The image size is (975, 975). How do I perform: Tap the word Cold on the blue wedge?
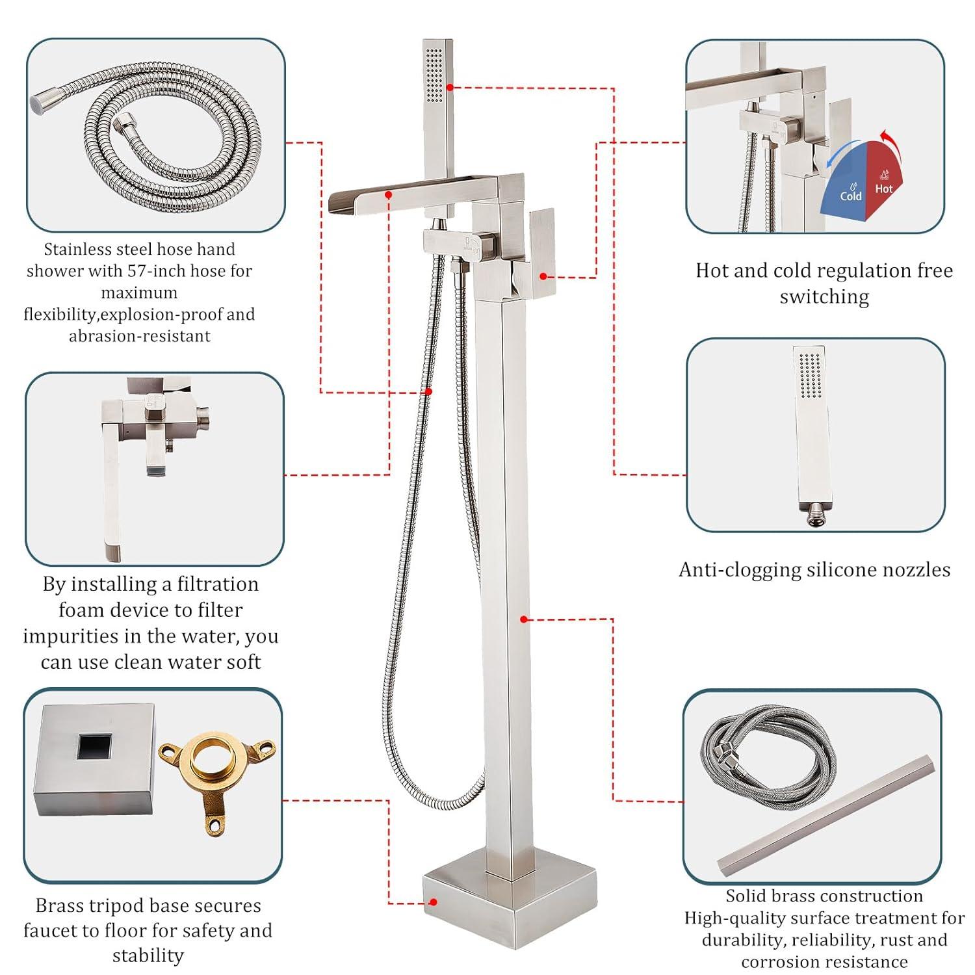(850, 196)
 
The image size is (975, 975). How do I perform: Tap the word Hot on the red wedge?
(883, 188)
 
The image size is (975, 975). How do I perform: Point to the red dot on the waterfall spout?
(388, 194)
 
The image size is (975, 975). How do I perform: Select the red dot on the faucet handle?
(543, 276)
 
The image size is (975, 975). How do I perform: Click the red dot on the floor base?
(433, 902)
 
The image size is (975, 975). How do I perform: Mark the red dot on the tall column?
(524, 619)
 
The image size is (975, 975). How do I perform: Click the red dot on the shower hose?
(428, 391)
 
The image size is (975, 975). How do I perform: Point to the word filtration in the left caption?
(218, 584)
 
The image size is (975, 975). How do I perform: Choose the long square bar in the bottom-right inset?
(825, 816)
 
